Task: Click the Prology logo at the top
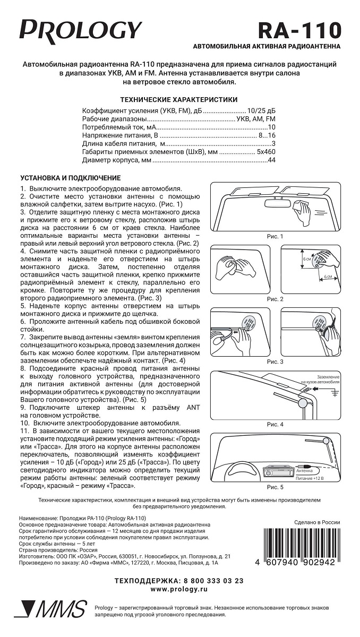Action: [81, 30]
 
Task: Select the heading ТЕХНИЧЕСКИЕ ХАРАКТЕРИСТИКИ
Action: [179, 99]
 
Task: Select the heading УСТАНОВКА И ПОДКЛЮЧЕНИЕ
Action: [70, 178]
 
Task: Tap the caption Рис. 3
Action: [275, 361]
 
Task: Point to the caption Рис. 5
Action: [275, 487]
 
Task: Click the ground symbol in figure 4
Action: [334, 393]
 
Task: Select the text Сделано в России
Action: [317, 522]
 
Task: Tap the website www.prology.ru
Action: [179, 590]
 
